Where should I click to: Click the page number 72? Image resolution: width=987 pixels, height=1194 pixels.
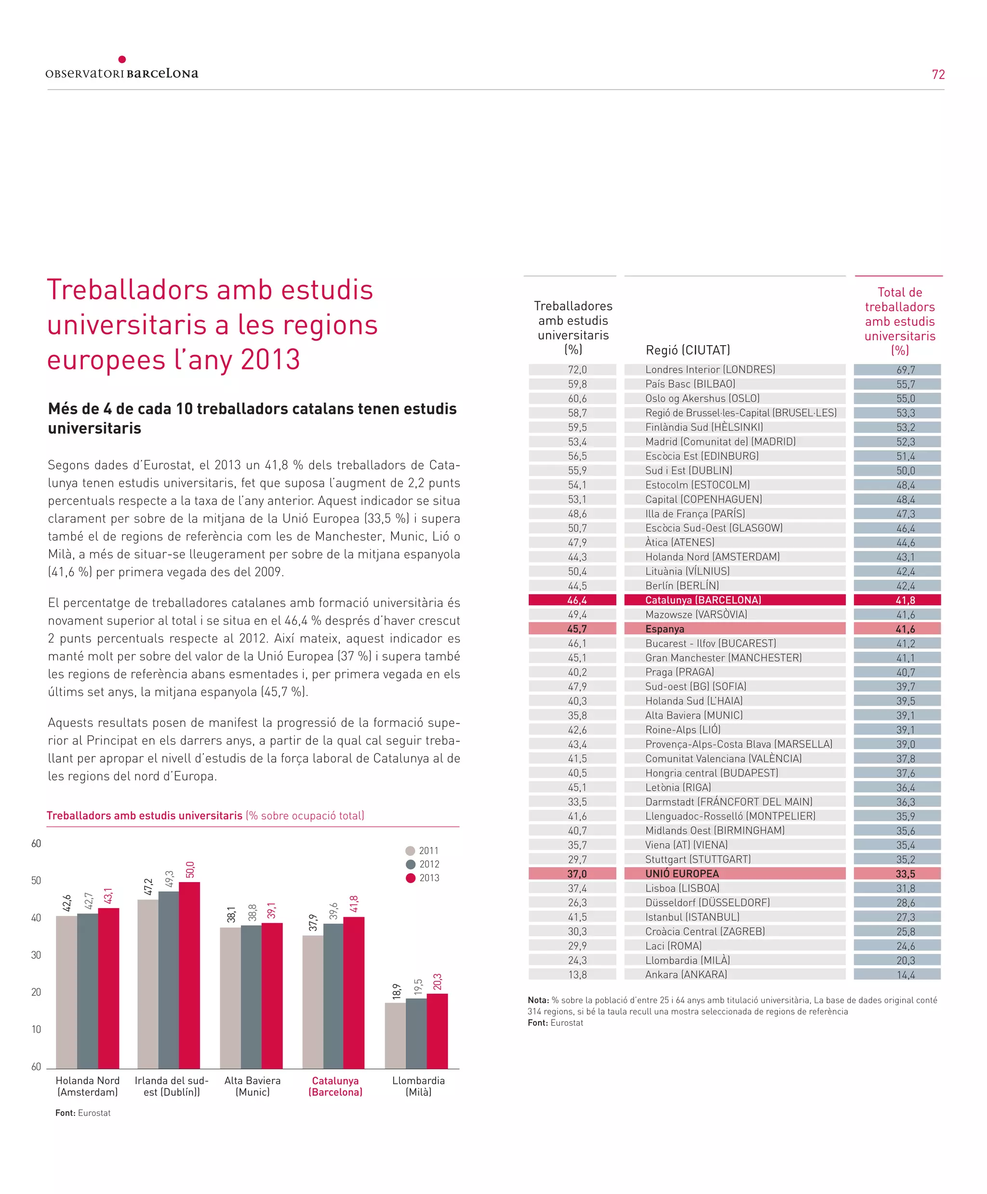pos(938,75)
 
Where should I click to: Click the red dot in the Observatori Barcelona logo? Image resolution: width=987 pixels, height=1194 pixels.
pos(121,59)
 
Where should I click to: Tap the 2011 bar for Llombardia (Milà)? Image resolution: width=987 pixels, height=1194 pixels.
pos(395,1036)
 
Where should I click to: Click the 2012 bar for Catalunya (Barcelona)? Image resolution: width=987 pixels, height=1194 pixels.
pos(333,996)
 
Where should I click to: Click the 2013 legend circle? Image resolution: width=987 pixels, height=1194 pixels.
pos(411,878)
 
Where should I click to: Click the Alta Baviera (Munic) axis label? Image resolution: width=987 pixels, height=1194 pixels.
pos(253,1086)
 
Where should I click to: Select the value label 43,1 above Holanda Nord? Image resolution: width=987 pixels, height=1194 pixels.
pos(108,896)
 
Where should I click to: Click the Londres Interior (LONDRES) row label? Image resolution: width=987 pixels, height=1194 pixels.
pos(710,370)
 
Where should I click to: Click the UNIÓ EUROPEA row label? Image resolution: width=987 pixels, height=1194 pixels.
pos(681,874)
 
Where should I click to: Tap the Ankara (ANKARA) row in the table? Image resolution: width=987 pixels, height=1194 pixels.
pos(686,975)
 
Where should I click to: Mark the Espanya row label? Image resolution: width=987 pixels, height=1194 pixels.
pos(665,629)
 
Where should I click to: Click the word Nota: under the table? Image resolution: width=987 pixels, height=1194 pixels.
pos(538,1000)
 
